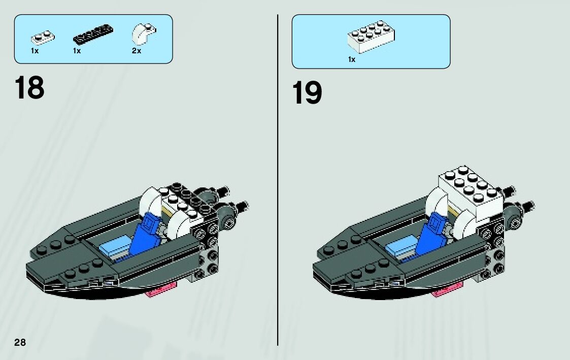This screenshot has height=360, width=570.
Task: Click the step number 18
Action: [29, 88]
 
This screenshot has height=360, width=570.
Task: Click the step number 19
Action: [307, 92]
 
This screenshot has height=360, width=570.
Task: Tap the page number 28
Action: [20, 342]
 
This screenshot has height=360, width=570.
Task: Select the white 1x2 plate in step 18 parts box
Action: [43, 37]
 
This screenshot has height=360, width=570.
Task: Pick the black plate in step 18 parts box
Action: [93, 34]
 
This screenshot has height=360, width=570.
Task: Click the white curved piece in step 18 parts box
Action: [143, 34]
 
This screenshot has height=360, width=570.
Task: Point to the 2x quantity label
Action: [137, 51]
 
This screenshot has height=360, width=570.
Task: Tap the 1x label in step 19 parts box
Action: [352, 59]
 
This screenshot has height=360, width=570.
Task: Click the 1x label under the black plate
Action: [77, 51]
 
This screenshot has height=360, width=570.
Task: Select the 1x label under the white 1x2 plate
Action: [35, 51]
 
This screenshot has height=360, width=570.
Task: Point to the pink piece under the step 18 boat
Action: [161, 289]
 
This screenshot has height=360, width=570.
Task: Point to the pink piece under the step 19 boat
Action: [448, 289]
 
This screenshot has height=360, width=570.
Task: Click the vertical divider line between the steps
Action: [278, 180]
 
